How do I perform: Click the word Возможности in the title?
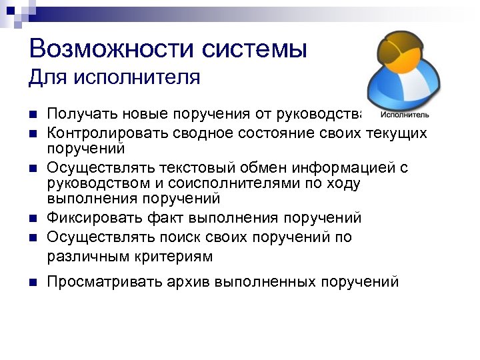click(x=101, y=49)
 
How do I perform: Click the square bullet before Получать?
click(x=32, y=114)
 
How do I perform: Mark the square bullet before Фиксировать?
click(x=32, y=218)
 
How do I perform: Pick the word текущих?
click(x=397, y=133)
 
